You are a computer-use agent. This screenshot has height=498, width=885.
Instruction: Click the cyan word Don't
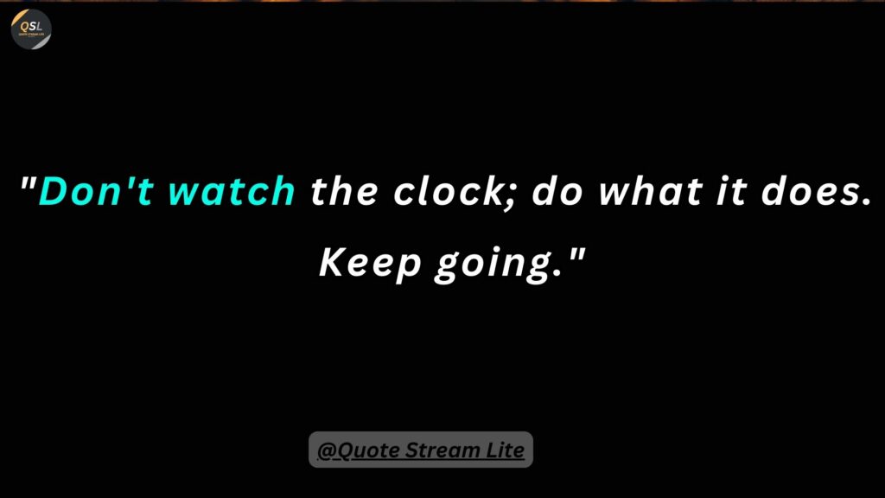(96, 191)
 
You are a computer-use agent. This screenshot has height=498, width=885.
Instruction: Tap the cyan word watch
(232, 191)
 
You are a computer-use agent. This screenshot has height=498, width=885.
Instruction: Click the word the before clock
(344, 191)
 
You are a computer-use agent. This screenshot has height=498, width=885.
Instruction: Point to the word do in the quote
(557, 191)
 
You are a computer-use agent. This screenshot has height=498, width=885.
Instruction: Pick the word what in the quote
(650, 191)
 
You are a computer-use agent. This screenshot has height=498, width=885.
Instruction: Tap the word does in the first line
(809, 191)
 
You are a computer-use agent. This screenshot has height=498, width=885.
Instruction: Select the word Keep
(370, 263)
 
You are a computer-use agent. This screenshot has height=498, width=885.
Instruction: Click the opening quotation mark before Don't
(29, 183)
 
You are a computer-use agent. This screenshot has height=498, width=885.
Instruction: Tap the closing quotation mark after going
(576, 255)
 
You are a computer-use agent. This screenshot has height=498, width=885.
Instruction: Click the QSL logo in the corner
(31, 29)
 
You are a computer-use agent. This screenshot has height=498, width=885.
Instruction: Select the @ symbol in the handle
(326, 450)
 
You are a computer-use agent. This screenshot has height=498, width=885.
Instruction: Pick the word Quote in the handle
(368, 450)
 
